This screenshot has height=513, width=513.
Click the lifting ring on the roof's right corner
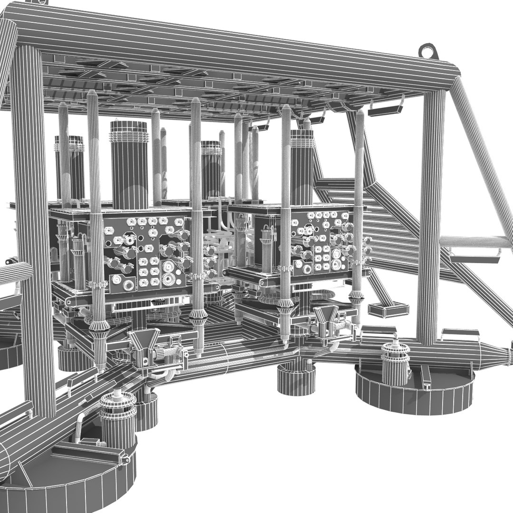[428, 51]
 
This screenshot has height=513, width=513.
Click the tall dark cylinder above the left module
[129, 164]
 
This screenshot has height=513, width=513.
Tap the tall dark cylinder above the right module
[302, 166]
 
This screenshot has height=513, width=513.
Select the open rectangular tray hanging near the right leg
[388, 310]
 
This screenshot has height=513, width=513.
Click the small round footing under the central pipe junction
[296, 380]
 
